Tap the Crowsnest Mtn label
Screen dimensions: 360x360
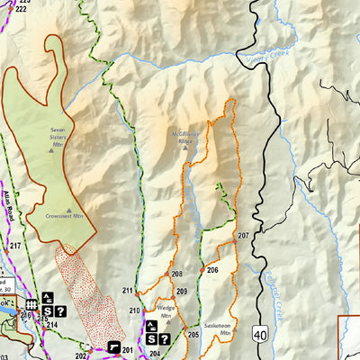click(x=65, y=216)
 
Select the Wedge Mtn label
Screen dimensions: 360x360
click(x=166, y=316)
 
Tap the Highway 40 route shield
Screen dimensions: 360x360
click(x=261, y=334)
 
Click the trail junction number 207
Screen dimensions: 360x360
click(x=243, y=236)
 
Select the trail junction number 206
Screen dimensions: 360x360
click(x=212, y=270)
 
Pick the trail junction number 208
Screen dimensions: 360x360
click(x=177, y=274)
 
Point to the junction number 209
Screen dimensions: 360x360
click(x=182, y=292)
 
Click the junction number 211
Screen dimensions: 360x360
click(x=128, y=291)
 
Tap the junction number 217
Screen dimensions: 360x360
click(x=15, y=245)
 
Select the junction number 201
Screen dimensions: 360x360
click(x=128, y=349)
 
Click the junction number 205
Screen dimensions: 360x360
click(x=193, y=334)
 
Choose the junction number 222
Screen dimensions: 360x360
click(x=21, y=8)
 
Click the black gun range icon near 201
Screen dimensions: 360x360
click(x=112, y=346)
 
